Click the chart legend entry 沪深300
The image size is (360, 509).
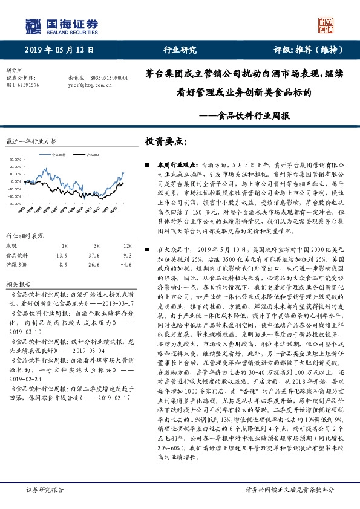pyautogui.click(x=93, y=155)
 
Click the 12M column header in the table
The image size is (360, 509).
pyautogui.click(x=128, y=246)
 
